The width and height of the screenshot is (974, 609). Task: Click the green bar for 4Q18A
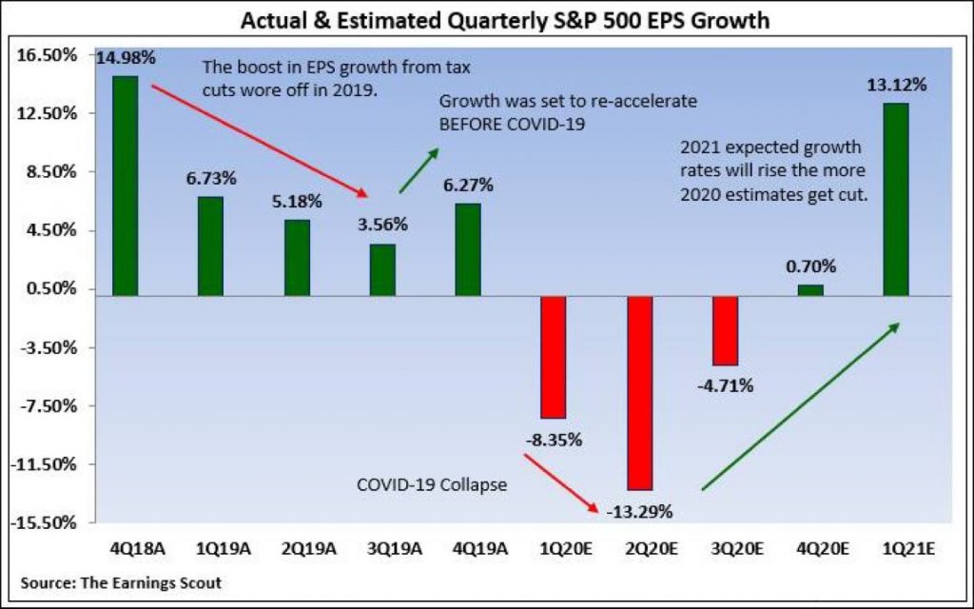(125, 186)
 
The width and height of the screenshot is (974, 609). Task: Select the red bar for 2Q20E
(640, 393)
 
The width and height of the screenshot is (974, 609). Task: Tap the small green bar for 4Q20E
(810, 290)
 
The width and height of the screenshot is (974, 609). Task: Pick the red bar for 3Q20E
(726, 330)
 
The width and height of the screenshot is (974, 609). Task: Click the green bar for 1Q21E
(896, 200)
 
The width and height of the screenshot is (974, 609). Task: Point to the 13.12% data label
(896, 85)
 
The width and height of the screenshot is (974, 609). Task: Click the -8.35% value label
(554, 440)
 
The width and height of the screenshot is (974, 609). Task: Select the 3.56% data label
(382, 224)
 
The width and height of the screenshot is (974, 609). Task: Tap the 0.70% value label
(810, 266)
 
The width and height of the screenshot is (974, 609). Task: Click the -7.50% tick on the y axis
(49, 405)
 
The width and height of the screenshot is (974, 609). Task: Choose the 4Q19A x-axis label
(480, 549)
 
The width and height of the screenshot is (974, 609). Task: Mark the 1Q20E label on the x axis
(567, 549)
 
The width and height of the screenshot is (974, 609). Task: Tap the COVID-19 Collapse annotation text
(432, 484)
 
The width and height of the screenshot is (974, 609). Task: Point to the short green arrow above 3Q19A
(419, 170)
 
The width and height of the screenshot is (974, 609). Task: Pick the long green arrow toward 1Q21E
(801, 406)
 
